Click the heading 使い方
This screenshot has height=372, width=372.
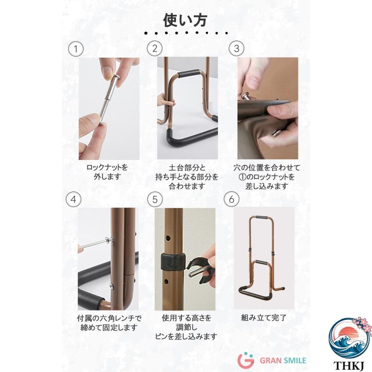pyautogui.click(x=185, y=20)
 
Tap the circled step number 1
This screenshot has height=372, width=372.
pyautogui.click(x=76, y=49)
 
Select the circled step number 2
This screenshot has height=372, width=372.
pyautogui.click(x=155, y=48)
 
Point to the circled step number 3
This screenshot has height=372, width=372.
pyautogui.click(x=236, y=48)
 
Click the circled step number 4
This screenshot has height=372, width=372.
pyautogui.click(x=74, y=199)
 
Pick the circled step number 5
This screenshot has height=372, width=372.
pyautogui.click(x=155, y=199)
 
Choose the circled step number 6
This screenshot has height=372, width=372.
pyautogui.click(x=231, y=199)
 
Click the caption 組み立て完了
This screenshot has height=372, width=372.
pyautogui.click(x=264, y=318)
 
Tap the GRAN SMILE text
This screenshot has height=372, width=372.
pyautogui.click(x=283, y=361)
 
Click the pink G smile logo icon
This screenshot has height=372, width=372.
pyautogui.click(x=246, y=360)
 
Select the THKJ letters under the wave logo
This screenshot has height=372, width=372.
pyautogui.click(x=349, y=366)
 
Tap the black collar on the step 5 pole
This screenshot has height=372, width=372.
pyautogui.click(x=173, y=262)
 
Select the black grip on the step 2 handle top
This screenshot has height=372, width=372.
pyautogui.click(x=189, y=74)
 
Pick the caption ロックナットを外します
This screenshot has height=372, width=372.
pyautogui.click(x=107, y=172)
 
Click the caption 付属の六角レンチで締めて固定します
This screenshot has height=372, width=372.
pyautogui.click(x=109, y=323)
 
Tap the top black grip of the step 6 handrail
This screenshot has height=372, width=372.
pyautogui.click(x=261, y=217)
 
